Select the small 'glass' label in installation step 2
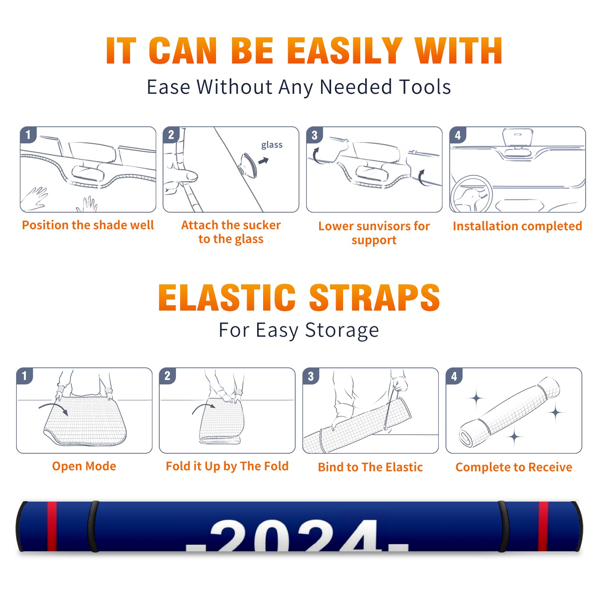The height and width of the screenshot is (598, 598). tap(272, 145)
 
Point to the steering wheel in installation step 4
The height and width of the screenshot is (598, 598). tap(471, 194)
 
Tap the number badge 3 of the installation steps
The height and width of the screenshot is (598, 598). tap(314, 135)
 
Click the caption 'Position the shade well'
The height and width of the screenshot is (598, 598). tap(88, 225)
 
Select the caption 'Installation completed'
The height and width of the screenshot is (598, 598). tap(517, 226)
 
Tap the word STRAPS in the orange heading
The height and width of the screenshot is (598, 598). tap(374, 298)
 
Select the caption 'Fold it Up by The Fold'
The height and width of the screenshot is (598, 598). tap(227, 466)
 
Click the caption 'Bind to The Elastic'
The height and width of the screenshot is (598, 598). tap(370, 467)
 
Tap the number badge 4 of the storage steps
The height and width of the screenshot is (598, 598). tap(454, 376)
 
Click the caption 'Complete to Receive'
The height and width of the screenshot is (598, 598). tap(514, 467)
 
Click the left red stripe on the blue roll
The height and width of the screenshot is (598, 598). tap(52, 526)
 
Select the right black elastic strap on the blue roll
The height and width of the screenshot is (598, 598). tap(503, 526)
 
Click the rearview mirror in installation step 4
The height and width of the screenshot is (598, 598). tap(518, 137)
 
